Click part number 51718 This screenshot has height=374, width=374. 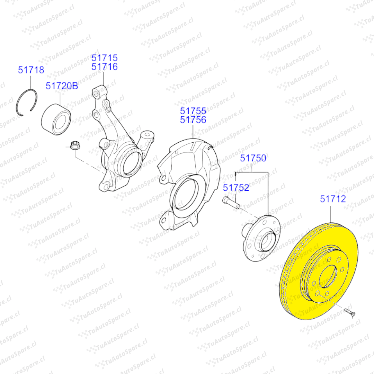(31, 70)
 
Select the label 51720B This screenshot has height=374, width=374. (62, 86)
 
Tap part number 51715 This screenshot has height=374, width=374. (105, 58)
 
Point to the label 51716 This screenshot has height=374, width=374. (105, 67)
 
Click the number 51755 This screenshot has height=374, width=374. (193, 111)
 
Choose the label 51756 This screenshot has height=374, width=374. (193, 120)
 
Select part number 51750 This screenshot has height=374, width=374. (253, 158)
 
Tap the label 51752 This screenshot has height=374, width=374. (236, 188)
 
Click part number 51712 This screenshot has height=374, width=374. (333, 199)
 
